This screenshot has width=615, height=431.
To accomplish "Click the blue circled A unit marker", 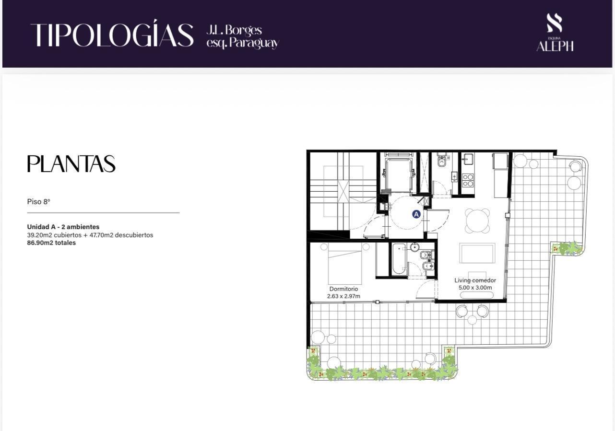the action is tap(416, 214).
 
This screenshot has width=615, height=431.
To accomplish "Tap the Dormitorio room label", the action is tap(343, 289).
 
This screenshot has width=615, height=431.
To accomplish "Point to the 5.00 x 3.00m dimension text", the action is tap(475, 288).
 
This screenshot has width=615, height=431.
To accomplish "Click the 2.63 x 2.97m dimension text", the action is tap(343, 296).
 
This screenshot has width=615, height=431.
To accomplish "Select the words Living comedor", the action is tap(475, 280).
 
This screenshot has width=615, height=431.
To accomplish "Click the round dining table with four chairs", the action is tap(477, 221).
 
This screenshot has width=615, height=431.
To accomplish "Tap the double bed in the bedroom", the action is tap(345, 263).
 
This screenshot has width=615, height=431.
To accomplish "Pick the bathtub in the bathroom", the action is tap(399, 259).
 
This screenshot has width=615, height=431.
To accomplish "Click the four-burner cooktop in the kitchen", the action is tap(468, 180).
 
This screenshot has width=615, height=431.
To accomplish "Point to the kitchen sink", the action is tap(468, 159).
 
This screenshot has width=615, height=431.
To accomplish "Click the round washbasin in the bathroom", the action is tap(414, 247).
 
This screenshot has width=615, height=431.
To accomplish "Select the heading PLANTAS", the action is tap(71, 164).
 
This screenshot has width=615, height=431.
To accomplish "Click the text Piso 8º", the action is tap(38, 202).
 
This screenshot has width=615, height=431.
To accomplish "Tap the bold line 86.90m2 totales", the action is tap(51, 243).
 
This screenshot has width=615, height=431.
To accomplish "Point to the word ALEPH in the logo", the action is tap(555, 47).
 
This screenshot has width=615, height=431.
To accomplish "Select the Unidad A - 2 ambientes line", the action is tap(63, 227).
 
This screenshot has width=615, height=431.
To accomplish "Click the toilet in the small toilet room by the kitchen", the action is tap(441, 161).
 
